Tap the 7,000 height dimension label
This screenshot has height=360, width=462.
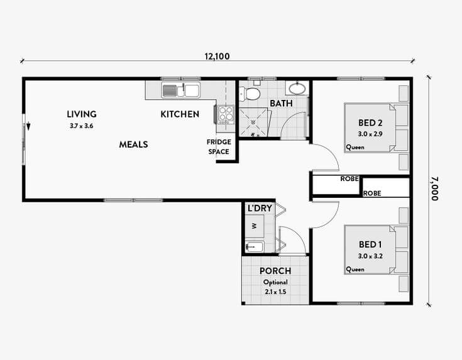click(x=434, y=188)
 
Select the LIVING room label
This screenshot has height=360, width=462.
click(x=82, y=114)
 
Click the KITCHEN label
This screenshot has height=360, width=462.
click(x=180, y=114)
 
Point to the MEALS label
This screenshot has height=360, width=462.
click(x=133, y=145)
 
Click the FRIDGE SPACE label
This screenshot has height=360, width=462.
click(x=219, y=146)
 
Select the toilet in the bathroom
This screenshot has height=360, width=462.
click(x=253, y=94)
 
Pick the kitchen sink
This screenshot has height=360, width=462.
click(x=180, y=90)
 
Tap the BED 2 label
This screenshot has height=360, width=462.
click(x=370, y=123)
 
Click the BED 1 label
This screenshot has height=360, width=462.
click(x=370, y=244)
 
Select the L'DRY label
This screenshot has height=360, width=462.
click(x=259, y=208)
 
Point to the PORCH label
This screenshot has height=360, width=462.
click(x=275, y=271)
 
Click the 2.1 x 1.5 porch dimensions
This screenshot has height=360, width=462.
click(x=275, y=292)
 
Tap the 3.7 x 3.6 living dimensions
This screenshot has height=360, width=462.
click(x=82, y=126)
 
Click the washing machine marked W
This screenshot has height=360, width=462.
click(x=255, y=225)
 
